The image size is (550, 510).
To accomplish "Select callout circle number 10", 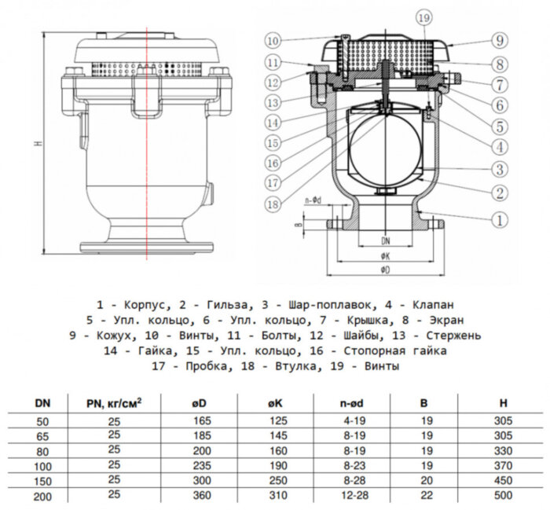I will [x=273, y=40].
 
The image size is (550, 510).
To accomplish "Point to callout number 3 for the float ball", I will [x=499, y=168].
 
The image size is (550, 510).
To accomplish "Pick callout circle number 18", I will [x=273, y=204].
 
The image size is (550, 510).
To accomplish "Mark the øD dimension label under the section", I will [x=385, y=270].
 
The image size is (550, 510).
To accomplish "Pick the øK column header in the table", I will [x=275, y=404].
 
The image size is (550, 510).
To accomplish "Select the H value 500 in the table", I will [x=504, y=496].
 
